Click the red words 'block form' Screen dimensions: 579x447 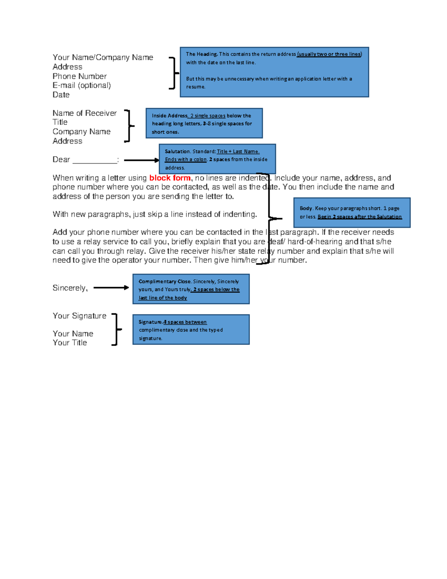(170, 178)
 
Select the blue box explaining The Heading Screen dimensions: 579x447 (274, 72)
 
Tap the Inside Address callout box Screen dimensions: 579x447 (204, 123)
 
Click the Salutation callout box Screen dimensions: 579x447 (217, 159)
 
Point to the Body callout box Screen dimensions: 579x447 (352, 213)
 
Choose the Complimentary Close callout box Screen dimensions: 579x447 (191, 289)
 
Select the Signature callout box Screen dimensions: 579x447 (191, 330)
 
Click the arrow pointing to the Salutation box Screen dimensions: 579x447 (141, 160)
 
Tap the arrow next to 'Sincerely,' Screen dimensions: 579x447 (111, 287)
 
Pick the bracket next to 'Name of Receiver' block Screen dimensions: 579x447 (129, 126)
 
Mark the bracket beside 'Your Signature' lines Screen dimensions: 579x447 (116, 330)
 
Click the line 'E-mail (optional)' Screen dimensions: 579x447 (82, 85)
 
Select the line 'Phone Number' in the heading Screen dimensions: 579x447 (79, 76)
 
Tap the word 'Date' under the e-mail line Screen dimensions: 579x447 (61, 95)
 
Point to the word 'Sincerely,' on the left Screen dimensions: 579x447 (70, 288)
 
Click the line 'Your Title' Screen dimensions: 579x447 (70, 343)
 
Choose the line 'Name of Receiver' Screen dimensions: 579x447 (85, 113)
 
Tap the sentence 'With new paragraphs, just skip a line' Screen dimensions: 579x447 (155, 214)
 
